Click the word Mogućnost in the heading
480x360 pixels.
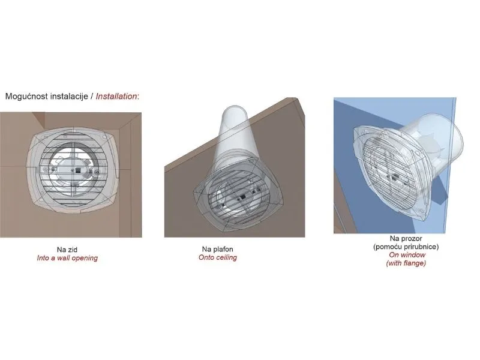coord(26,96)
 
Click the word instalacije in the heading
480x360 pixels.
coord(69,96)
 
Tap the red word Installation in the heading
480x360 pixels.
coord(116,96)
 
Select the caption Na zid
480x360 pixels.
coord(67,250)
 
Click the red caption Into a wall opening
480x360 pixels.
coord(67,258)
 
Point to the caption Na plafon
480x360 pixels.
coord(218,249)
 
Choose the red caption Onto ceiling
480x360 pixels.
coord(218,257)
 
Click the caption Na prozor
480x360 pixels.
coord(406,238)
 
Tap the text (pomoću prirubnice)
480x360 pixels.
coord(406,247)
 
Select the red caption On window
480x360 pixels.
coord(407,254)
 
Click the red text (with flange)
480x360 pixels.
coord(406,263)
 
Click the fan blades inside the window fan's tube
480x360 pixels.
coord(430,144)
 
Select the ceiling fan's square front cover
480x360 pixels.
coord(238,196)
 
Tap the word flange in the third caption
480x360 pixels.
coord(414,263)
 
